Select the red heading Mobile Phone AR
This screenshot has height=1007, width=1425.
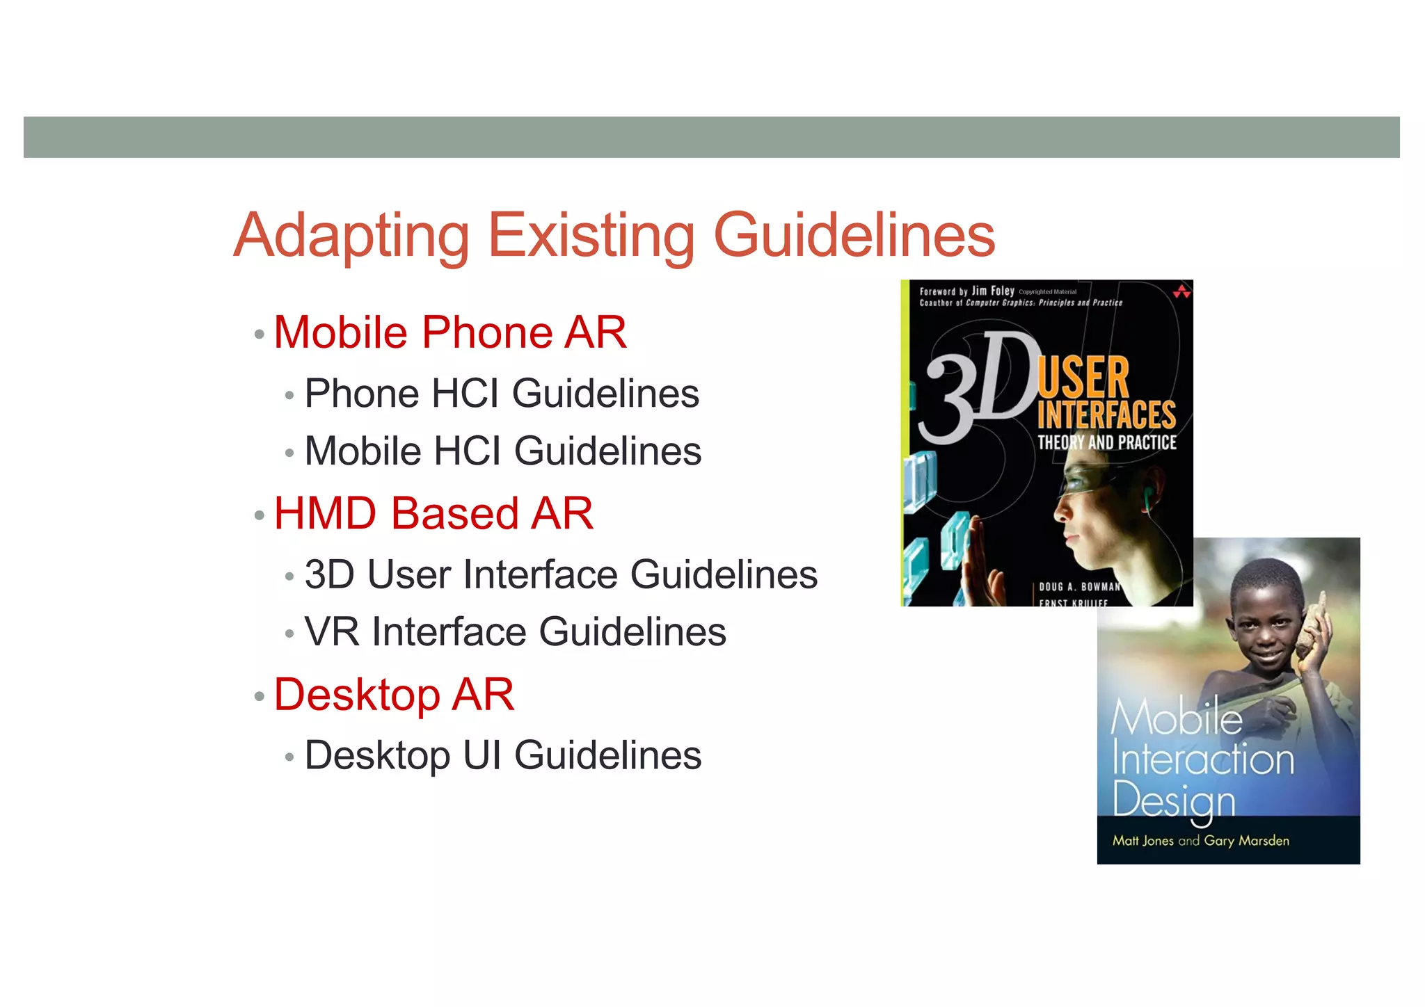[450, 332]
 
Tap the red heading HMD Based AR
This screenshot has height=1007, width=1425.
[433, 514]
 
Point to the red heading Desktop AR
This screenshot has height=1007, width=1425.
[394, 695]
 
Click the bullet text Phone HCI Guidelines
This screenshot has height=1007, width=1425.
[502, 394]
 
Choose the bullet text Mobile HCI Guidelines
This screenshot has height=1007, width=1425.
[503, 451]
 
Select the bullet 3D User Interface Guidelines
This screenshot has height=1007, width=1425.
[561, 575]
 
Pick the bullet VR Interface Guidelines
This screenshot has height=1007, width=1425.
[516, 632]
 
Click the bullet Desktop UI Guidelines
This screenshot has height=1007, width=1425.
[503, 756]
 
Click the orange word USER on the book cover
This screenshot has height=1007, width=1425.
[1083, 378]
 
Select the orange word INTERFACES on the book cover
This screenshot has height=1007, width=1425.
[1106, 415]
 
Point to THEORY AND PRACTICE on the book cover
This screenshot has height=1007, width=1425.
[1106, 443]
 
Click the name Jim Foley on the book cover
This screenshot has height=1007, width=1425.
[993, 291]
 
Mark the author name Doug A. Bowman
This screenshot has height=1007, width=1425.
[1079, 587]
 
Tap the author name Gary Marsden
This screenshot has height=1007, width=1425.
[1246, 841]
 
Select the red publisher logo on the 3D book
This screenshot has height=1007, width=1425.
[1181, 291]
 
